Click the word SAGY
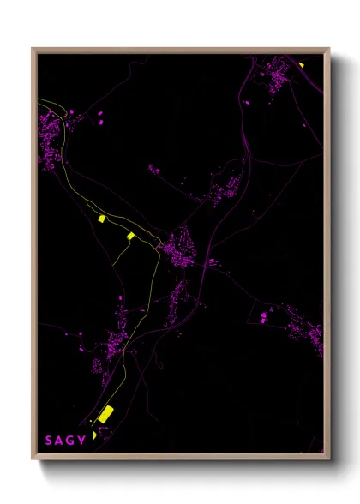pos(65,441)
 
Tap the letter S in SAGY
pos(49,441)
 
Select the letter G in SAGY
pos(71,441)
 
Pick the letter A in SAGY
pos(60,441)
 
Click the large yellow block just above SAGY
pos(105,415)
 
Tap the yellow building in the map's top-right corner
pos(302,63)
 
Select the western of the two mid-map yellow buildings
pos(101,219)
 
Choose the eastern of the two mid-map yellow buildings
pos(130,236)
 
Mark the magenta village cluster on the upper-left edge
pos(51,137)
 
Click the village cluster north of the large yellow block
pos(116,343)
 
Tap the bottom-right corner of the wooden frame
pos(330,459)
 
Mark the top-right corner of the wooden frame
pos(330,49)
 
